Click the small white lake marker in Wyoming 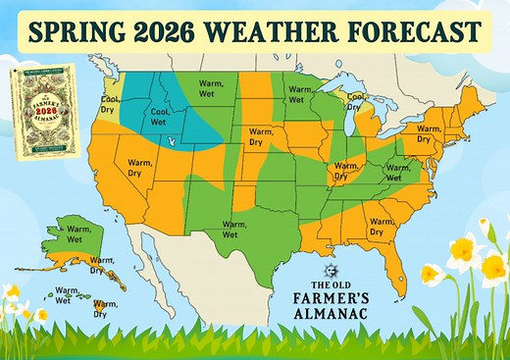coord(173,140)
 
